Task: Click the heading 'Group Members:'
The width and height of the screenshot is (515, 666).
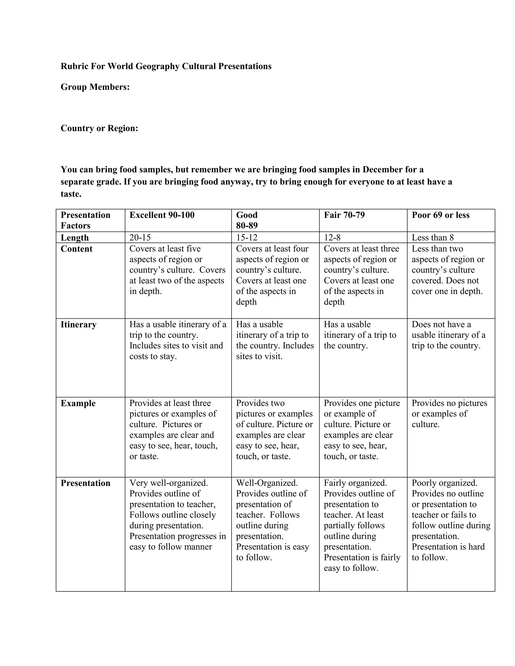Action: tap(95, 87)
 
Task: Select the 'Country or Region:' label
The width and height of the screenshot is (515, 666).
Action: tap(100, 128)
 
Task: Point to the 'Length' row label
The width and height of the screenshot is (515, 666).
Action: tap(75, 237)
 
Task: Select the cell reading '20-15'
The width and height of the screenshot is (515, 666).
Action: tap(140, 237)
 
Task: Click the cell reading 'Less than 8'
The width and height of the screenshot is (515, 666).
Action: tap(433, 237)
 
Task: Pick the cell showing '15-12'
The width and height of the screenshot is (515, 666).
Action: tap(247, 237)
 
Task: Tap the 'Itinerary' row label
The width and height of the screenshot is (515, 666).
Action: tap(78, 324)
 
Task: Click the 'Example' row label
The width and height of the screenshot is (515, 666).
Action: tap(78, 403)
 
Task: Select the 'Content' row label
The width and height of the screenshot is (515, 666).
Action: tap(77, 249)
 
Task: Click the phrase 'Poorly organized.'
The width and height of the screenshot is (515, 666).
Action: tap(445, 483)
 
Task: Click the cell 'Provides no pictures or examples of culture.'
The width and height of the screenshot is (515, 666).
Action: tap(449, 414)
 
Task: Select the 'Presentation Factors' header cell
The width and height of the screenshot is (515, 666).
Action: tap(85, 220)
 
